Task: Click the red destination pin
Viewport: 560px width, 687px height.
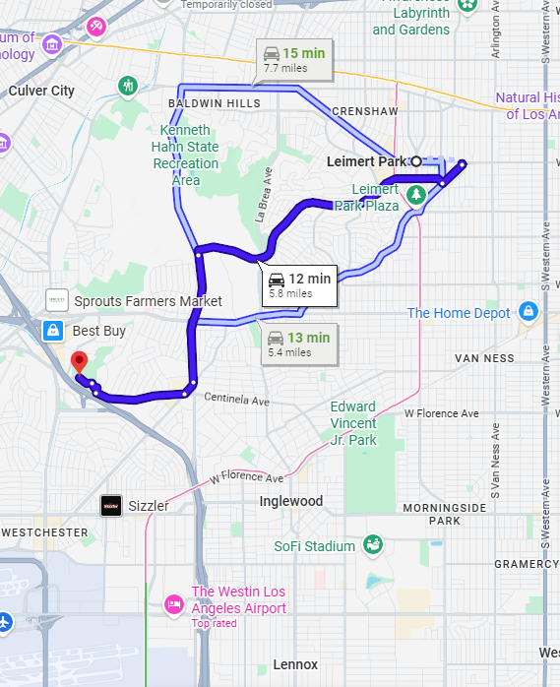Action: click(80, 361)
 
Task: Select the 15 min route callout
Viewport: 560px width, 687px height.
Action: click(293, 59)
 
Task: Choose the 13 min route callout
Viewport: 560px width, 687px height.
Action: click(299, 343)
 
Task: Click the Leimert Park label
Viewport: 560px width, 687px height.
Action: click(366, 160)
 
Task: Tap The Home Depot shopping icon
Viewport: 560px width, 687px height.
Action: click(529, 312)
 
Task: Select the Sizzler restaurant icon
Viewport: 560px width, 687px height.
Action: click(111, 506)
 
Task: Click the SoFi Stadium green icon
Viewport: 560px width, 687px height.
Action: click(372, 544)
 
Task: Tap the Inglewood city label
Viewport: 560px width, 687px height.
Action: click(290, 501)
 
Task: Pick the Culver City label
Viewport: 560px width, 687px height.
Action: click(41, 91)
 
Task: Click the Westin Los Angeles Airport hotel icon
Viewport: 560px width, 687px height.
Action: click(174, 601)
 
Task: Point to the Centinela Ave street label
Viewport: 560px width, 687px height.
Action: click(236, 401)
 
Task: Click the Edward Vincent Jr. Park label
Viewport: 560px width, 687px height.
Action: click(352, 423)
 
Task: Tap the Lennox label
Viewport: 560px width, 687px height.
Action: click(295, 664)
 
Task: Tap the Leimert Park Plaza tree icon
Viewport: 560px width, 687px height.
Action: click(417, 194)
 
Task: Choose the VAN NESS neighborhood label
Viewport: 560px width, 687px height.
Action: click(484, 358)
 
